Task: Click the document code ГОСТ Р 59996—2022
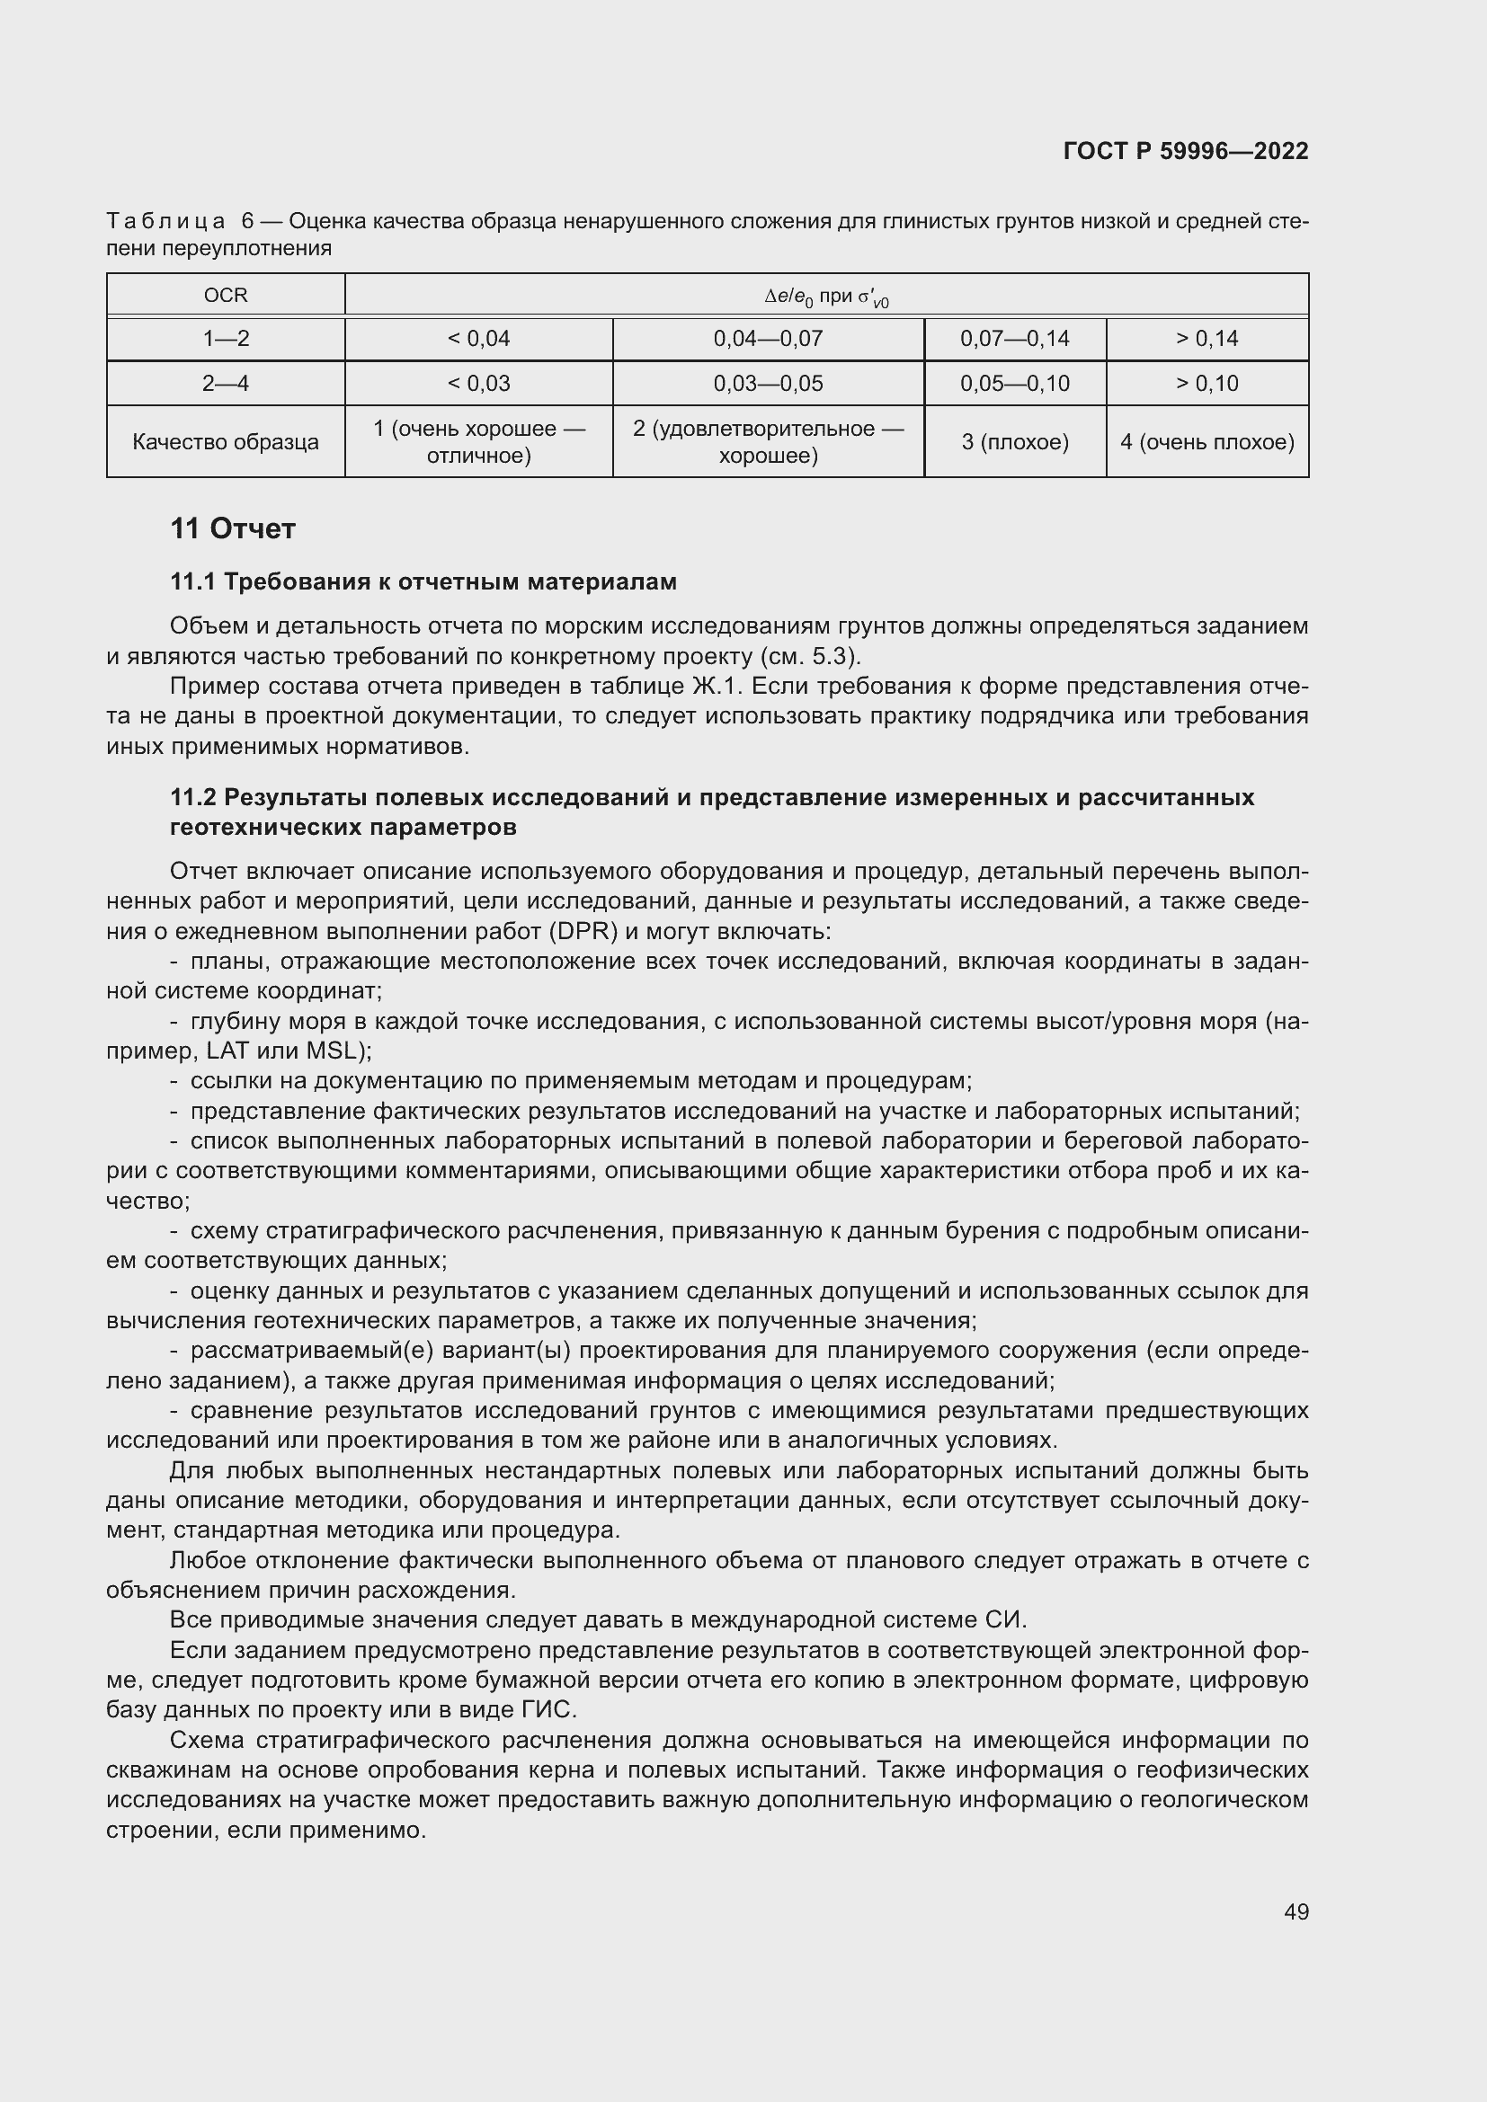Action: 1186,151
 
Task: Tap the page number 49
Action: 1296,1911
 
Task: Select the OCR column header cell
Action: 226,296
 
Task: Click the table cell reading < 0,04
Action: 478,339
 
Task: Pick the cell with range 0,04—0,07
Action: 767,339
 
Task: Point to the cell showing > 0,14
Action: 1207,339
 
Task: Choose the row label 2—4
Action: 226,384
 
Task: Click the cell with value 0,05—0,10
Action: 1014,384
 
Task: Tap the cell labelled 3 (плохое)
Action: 1014,442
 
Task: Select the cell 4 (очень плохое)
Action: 1207,442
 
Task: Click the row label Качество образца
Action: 226,442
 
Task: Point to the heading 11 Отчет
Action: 233,529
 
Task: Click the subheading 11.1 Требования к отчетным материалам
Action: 423,582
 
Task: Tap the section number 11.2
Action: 193,797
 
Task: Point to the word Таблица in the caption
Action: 165,222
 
